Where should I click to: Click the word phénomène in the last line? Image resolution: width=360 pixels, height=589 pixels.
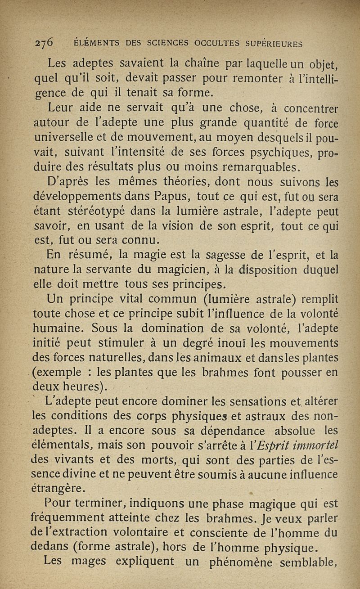tap(243, 564)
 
